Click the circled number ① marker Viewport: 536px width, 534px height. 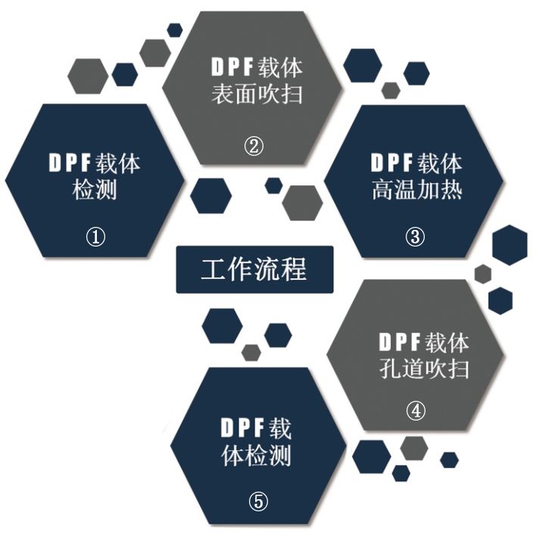[95, 237]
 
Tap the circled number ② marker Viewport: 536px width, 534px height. [254, 146]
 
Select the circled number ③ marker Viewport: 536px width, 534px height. [415, 236]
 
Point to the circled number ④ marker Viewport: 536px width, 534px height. [416, 411]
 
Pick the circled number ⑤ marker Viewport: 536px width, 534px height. [258, 501]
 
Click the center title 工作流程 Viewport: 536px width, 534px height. [254, 269]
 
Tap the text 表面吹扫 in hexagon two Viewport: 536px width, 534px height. [257, 94]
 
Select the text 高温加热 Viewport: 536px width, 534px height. [417, 189]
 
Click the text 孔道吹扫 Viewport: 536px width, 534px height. [424, 368]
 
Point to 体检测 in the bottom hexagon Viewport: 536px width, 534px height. [257, 455]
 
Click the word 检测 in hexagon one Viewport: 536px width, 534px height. [95, 190]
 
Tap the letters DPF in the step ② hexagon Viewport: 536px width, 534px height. [232, 67]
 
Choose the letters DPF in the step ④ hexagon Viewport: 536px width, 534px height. [400, 342]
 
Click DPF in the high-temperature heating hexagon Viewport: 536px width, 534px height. [391, 163]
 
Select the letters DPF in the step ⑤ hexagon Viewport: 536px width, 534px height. [242, 428]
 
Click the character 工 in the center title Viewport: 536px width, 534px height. [213, 270]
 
